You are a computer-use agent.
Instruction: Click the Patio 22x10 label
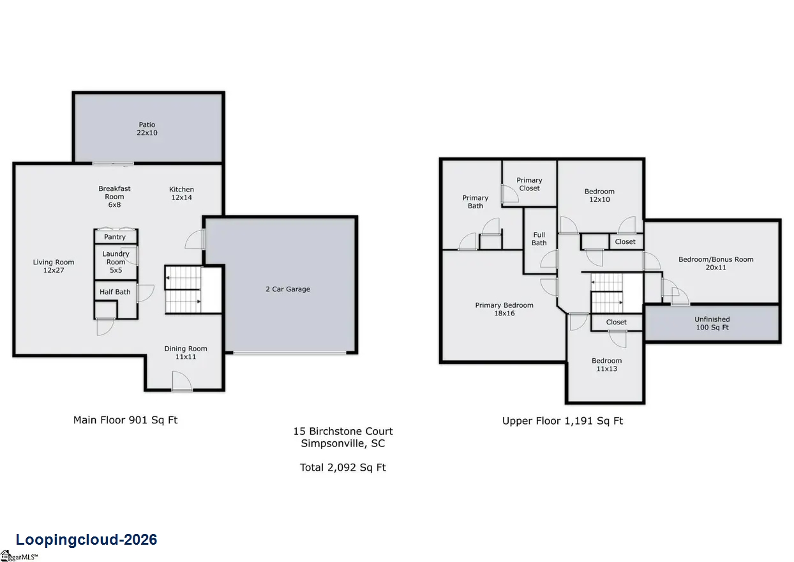147,129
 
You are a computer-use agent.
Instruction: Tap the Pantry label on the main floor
115,237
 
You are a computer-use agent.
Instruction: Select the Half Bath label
115,292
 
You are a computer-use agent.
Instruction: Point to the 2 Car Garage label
288,289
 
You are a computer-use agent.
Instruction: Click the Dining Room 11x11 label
186,353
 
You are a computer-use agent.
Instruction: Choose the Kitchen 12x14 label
181,194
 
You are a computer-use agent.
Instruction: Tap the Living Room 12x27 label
54,266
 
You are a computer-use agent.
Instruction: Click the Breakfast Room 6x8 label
114,197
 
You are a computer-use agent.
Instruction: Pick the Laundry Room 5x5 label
116,262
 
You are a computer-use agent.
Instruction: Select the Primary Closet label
529,184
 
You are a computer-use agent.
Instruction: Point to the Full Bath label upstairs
539,239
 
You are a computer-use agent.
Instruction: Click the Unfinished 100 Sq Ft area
712,323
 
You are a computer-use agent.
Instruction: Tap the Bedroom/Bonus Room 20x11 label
716,263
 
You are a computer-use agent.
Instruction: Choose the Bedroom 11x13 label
606,365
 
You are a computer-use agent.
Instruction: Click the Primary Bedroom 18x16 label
504,309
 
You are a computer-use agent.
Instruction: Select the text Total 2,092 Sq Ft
343,467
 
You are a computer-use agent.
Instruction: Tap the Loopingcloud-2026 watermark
87,540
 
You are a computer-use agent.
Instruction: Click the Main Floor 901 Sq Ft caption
126,420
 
